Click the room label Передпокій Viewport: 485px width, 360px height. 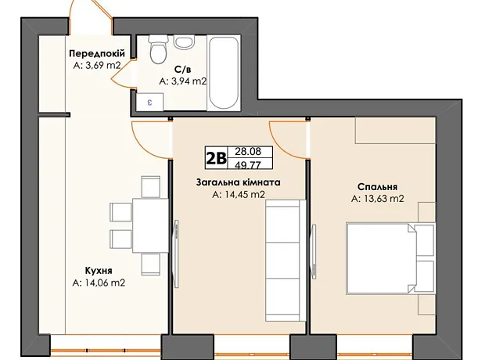click(97, 53)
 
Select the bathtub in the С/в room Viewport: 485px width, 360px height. click(224, 73)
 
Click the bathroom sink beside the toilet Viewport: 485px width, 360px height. click(184, 41)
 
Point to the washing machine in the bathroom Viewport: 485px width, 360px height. click(150, 102)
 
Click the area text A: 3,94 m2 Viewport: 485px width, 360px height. click(182, 81)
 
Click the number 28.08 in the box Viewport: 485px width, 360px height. click(248, 151)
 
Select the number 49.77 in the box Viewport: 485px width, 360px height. click(248, 165)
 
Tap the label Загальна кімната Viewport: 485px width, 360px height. click(238, 182)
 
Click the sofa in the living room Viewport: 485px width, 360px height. click(286, 261)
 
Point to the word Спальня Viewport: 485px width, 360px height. click(377, 187)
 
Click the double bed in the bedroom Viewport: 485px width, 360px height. click(391, 257)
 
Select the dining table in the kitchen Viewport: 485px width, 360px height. click(150, 225)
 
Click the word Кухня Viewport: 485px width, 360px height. click(99, 271)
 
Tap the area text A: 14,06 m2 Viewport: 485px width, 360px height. click(99, 283)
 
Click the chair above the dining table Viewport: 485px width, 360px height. click(151, 187)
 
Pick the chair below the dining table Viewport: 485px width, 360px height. click(151, 265)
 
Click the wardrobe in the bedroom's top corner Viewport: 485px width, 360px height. click(395, 131)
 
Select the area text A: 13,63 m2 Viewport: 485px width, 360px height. click(377, 199)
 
